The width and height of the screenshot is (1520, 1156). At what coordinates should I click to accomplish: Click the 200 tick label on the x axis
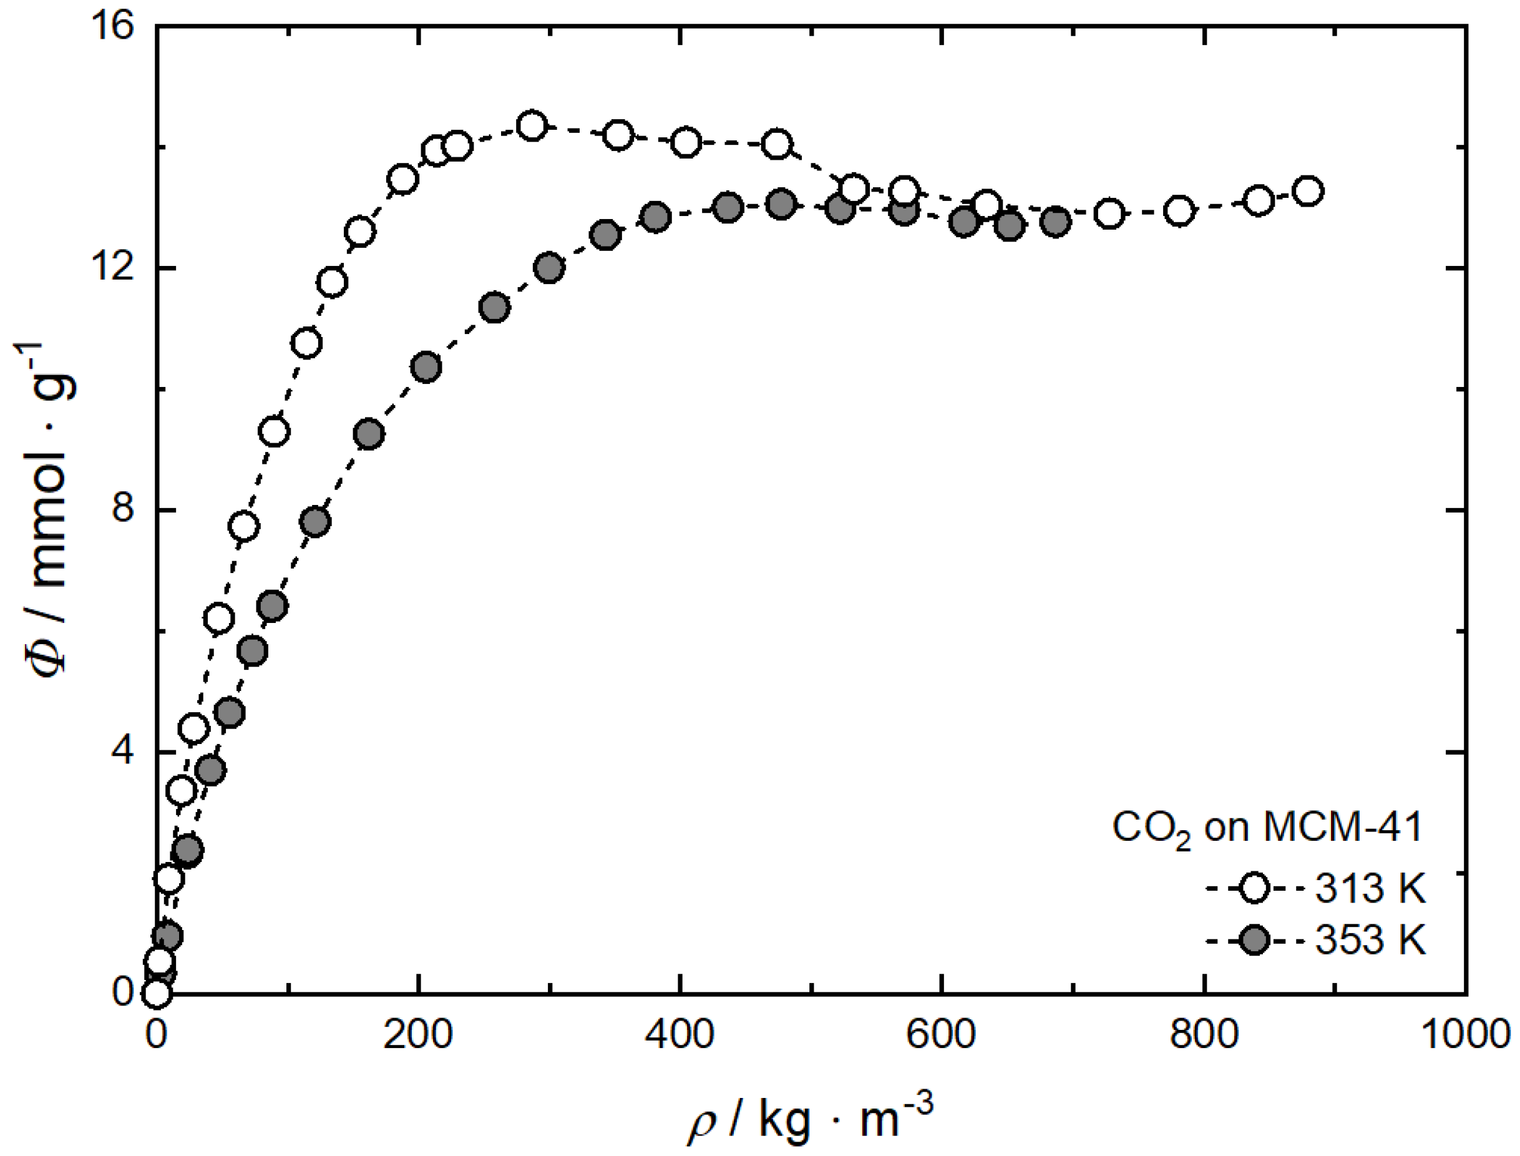[x=417, y=1034]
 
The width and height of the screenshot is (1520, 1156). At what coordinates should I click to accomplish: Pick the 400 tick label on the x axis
[x=680, y=1034]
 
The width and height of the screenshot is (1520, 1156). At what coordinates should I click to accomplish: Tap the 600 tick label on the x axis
[x=941, y=1034]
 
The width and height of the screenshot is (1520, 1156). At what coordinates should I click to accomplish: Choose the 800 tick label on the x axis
[x=1204, y=1034]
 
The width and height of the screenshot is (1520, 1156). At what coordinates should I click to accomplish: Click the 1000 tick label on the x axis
[x=1465, y=1034]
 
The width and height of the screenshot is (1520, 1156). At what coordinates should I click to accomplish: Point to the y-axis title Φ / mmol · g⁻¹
[x=52, y=509]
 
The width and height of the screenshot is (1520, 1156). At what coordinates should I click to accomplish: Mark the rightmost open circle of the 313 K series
[x=1308, y=190]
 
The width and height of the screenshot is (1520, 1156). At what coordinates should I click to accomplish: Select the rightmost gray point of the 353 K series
[x=1056, y=222]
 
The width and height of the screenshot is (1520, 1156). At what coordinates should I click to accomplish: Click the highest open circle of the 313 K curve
[x=532, y=126]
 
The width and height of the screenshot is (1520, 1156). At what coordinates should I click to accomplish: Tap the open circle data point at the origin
[x=157, y=993]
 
